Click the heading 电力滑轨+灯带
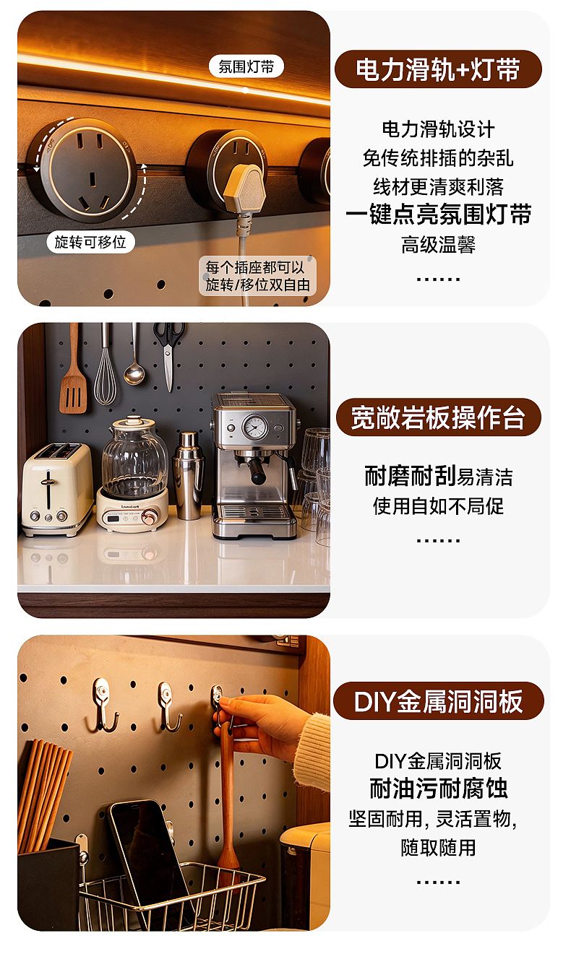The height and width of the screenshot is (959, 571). tap(438, 70)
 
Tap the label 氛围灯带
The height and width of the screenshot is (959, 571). tap(246, 67)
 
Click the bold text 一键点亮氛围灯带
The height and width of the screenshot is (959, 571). tap(438, 215)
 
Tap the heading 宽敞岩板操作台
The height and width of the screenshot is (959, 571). tap(438, 417)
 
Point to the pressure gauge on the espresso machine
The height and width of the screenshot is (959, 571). tap(254, 427)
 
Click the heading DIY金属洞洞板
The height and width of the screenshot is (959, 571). tap(438, 701)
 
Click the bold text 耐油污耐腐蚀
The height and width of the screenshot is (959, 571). tap(438, 789)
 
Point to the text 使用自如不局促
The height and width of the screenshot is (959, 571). tap(438, 506)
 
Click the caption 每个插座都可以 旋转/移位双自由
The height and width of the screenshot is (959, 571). tap(257, 276)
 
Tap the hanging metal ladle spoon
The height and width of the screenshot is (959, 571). tap(134, 361)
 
